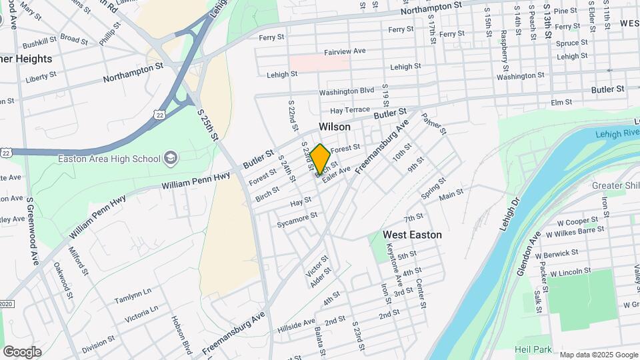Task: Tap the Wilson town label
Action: point(335,127)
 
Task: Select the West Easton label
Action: point(412,235)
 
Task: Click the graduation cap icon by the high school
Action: point(171,158)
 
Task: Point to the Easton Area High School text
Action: point(109,159)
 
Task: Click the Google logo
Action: point(22,351)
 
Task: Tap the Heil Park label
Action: point(533,349)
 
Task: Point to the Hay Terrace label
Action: point(349,109)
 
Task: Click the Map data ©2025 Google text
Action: point(598,355)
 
